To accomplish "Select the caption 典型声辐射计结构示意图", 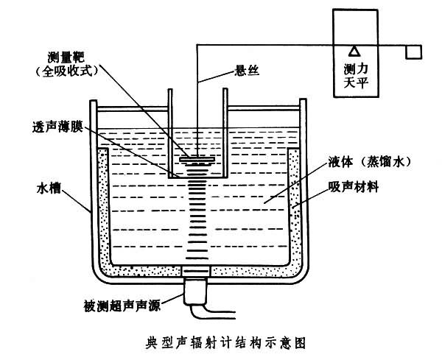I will coord(221,342).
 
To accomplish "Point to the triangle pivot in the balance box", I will coord(354,51).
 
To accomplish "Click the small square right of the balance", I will coord(413,53).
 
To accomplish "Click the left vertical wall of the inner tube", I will coord(170,133).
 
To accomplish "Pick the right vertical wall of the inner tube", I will coord(224,133).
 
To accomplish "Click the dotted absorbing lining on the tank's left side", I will coord(104,213).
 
